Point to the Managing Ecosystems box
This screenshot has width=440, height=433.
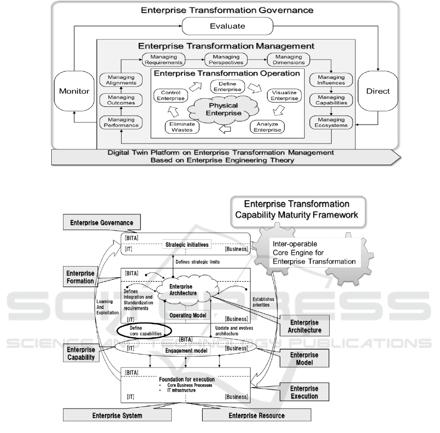(x=331, y=123)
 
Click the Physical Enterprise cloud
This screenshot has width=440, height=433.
(x=223, y=109)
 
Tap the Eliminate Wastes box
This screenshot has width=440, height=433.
(x=181, y=126)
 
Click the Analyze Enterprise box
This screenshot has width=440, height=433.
(x=267, y=126)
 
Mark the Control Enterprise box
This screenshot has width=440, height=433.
(x=169, y=95)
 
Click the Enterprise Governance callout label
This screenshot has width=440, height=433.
(x=103, y=223)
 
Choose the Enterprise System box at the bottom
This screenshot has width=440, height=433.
(x=118, y=415)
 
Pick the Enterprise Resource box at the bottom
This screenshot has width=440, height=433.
(x=257, y=415)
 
